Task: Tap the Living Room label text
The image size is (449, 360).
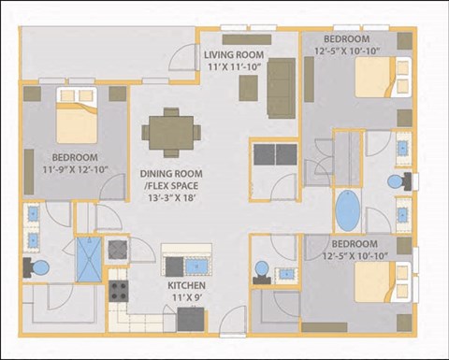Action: point(234,54)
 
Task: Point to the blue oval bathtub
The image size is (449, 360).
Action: point(347,211)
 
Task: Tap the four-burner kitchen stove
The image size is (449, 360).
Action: point(119,290)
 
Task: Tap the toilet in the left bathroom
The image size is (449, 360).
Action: point(39,268)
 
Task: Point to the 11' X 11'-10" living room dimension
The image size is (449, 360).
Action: point(234,67)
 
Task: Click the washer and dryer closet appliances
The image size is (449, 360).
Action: point(273,153)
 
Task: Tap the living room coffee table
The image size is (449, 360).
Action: point(247,87)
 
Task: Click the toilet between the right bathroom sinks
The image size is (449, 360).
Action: point(397,180)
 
